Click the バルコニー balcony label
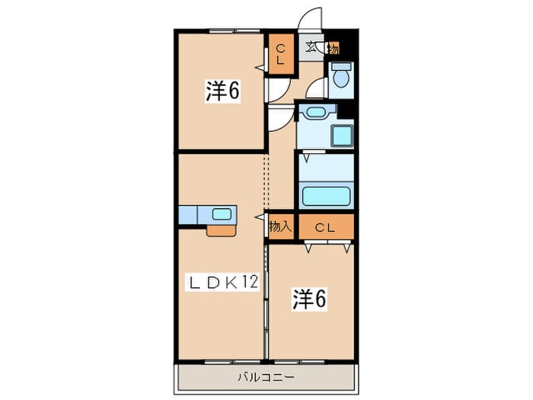266,377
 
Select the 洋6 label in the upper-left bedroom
222,91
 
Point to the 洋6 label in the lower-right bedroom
309,299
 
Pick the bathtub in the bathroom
326,197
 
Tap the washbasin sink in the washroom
316,112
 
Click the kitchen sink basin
222,214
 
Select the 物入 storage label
280,226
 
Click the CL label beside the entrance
280,54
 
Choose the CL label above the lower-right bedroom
325,227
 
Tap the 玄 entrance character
311,47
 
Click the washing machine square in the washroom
342,136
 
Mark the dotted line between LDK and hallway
266,181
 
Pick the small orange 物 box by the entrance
334,49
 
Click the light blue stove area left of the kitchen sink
187,215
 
